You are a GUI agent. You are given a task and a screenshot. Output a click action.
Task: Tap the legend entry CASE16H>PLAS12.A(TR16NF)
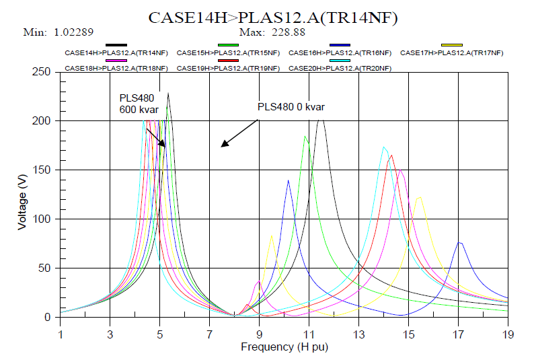(335, 52)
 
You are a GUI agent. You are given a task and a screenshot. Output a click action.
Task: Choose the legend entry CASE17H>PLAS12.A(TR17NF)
(451, 52)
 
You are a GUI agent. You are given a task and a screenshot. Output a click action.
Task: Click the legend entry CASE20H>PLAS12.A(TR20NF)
(335, 69)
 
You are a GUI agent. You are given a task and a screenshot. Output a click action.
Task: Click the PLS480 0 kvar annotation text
(291, 107)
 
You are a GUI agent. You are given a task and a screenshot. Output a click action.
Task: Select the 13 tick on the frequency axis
(358, 331)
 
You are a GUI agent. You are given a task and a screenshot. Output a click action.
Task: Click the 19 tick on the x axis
(507, 331)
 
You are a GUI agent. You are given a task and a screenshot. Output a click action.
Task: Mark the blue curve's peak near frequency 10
(289, 180)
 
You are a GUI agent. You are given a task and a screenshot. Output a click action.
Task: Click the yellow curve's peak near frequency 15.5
(420, 197)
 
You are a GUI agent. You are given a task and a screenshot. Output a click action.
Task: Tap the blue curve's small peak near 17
(460, 242)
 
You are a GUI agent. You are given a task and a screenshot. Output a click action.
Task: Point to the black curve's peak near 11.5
(321, 120)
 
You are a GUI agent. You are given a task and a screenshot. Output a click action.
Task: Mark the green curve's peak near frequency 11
(305, 137)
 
